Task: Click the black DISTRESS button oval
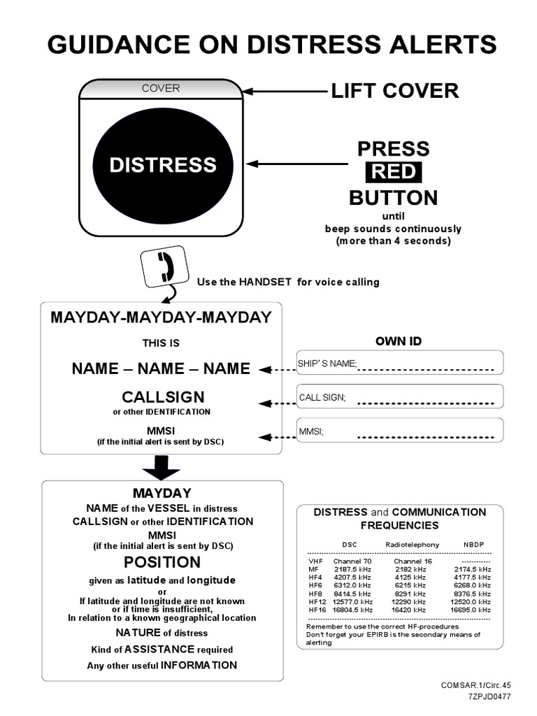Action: [162, 165]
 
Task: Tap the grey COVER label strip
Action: [162, 89]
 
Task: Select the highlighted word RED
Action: [392, 172]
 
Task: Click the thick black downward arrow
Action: [162, 468]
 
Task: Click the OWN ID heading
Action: [399, 341]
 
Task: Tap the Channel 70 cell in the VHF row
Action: [352, 561]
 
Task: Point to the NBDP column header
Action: [473, 544]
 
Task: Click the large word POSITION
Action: [162, 562]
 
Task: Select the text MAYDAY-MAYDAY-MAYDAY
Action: [161, 317]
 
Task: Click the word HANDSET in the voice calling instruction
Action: [257, 282]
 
